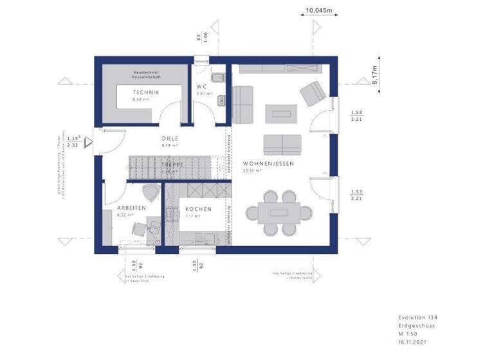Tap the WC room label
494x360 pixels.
(x=203, y=86)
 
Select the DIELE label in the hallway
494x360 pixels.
(x=169, y=138)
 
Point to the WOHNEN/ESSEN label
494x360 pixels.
(x=268, y=164)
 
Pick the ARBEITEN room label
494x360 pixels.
(x=131, y=208)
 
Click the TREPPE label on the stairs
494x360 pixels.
(x=172, y=165)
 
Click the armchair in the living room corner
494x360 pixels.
(x=313, y=93)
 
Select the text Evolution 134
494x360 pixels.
(x=417, y=318)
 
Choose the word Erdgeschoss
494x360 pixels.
(x=415, y=327)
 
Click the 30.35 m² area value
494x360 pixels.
(x=252, y=171)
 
